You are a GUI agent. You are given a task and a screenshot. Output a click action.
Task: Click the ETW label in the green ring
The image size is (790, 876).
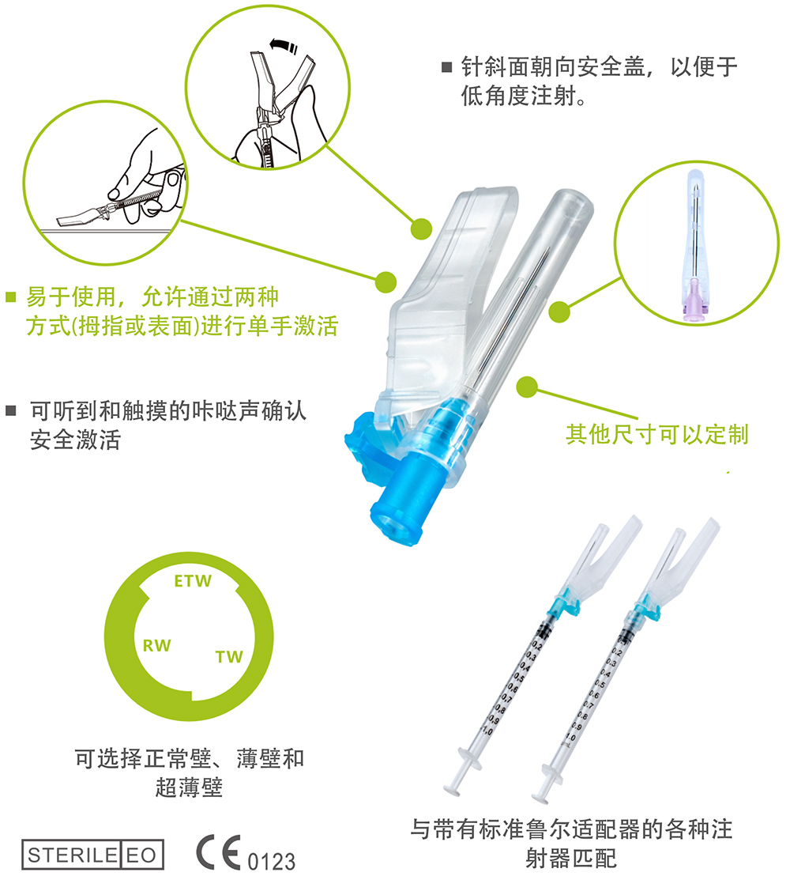click(x=192, y=582)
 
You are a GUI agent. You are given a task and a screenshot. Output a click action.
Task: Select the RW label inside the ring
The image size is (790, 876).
click(x=156, y=646)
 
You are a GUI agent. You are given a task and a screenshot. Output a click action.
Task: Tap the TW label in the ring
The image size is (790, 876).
click(x=229, y=657)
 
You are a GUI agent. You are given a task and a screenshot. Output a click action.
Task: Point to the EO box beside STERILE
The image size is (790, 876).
click(x=141, y=855)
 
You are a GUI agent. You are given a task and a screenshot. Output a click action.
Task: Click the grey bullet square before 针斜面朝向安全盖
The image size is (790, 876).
click(x=446, y=66)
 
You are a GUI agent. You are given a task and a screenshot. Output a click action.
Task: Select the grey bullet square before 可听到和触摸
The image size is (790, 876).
click(x=10, y=410)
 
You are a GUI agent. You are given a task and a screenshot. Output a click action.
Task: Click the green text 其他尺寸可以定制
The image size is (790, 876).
click(x=656, y=433)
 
